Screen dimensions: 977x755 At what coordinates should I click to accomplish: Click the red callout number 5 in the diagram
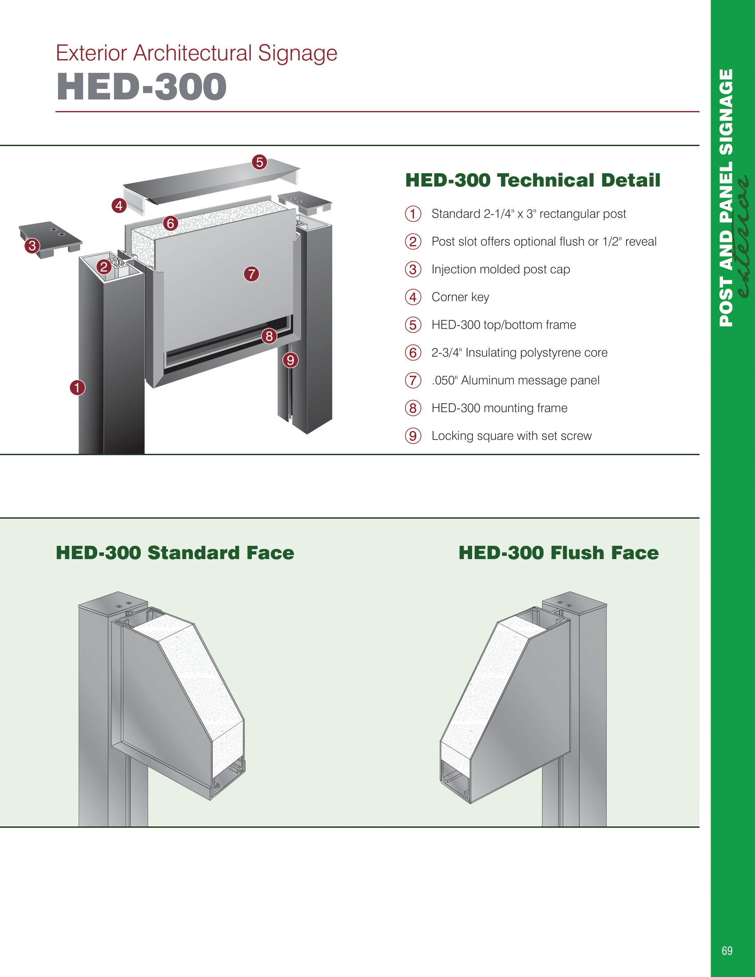(x=259, y=162)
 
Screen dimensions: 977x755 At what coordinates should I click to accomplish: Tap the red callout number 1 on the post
(x=77, y=387)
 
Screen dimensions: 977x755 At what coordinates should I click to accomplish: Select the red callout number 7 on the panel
(x=251, y=274)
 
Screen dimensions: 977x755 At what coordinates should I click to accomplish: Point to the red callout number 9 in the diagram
(x=290, y=360)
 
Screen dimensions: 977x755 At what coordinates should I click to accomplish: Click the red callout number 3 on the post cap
(x=32, y=246)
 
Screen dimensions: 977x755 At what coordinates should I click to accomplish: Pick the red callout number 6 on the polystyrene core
(x=171, y=223)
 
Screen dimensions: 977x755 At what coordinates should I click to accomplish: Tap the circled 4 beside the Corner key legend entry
(x=413, y=297)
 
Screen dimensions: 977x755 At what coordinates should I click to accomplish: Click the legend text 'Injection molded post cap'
(x=501, y=269)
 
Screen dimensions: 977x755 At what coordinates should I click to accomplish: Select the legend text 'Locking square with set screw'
(x=511, y=436)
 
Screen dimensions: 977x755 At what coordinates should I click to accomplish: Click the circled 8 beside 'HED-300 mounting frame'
(x=413, y=408)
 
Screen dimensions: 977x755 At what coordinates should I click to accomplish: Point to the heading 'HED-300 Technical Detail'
(x=532, y=180)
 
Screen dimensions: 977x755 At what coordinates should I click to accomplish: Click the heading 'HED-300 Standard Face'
(x=175, y=553)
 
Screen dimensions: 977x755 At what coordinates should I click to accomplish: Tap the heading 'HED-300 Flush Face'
(x=558, y=553)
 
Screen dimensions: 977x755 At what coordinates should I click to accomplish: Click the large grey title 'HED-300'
(x=142, y=87)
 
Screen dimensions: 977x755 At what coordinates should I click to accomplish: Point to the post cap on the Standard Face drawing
(x=113, y=602)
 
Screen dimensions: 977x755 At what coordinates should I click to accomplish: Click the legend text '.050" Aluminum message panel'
(x=515, y=380)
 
